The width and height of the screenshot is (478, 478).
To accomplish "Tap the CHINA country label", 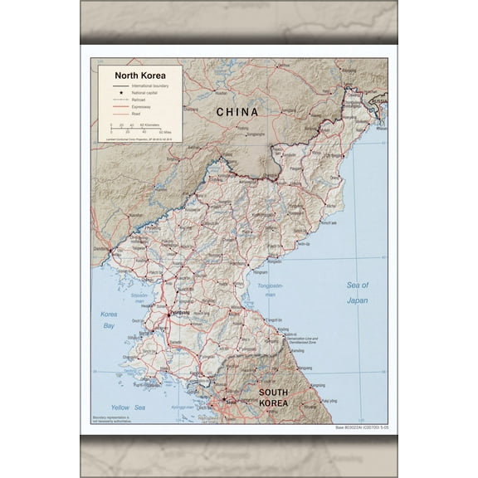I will (x=237, y=111).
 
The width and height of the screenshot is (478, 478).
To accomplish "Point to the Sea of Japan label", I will (x=357, y=292).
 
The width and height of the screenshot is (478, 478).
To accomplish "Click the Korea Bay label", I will (x=109, y=319).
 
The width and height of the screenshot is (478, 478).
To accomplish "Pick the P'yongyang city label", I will (x=178, y=313).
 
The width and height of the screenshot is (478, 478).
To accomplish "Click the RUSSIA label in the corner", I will (x=378, y=100).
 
